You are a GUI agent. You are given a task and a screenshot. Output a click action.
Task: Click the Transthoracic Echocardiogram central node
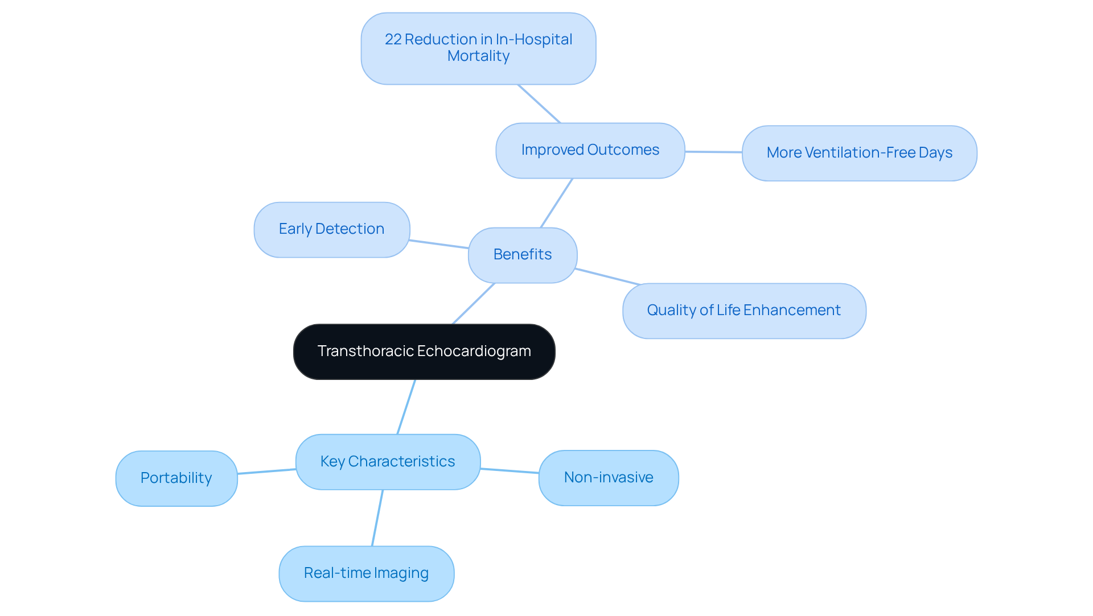424,352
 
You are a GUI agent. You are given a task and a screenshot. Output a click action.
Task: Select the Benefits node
523,255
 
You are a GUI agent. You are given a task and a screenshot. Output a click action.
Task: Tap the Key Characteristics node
388,461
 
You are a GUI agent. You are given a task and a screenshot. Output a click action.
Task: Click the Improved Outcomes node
590,150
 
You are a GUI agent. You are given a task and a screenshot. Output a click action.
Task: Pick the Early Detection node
332,229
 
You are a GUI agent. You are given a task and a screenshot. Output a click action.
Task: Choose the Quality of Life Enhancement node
744,311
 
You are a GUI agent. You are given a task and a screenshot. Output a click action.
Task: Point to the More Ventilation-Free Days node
859,153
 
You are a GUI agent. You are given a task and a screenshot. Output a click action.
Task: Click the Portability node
176,478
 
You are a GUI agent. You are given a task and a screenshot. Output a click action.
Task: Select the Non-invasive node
609,477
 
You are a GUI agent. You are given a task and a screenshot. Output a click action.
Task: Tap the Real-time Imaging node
366,573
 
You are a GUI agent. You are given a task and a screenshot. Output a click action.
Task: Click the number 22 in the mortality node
393,39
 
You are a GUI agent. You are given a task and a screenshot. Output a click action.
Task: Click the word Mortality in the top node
478,56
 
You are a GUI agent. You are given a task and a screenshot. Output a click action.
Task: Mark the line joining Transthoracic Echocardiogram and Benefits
474,304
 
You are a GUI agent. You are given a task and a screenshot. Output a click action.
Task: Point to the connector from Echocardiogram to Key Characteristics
406,407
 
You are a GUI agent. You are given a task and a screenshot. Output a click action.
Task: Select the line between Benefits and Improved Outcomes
556,203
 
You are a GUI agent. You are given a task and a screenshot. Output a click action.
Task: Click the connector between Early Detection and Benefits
439,244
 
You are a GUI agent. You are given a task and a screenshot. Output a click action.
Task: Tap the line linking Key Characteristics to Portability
266,471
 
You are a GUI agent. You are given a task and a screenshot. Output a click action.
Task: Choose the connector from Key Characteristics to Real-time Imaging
377,518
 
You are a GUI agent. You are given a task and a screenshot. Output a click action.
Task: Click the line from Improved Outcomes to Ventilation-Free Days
713,152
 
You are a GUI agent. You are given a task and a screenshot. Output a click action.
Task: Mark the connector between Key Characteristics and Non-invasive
509,470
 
